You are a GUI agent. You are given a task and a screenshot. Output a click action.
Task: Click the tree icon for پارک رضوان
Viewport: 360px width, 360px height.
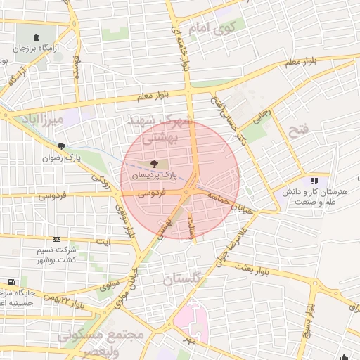(x=62, y=146)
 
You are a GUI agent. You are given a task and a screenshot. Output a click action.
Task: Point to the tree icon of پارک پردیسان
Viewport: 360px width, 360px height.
(x=154, y=162)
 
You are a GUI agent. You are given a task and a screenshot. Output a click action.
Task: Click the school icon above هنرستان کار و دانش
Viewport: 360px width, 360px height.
(x=305, y=181)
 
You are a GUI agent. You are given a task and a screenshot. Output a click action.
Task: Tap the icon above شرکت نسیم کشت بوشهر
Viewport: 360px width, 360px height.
(x=56, y=240)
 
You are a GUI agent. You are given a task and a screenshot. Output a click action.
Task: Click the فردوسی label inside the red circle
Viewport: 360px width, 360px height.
(x=150, y=191)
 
